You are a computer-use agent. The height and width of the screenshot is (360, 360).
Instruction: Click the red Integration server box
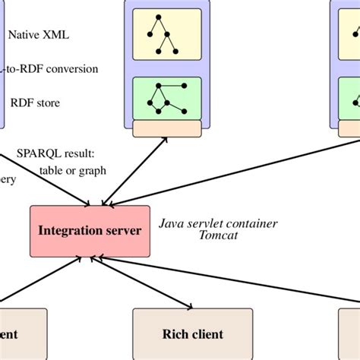tap(90, 230)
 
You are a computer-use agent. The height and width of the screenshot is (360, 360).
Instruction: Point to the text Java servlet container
tap(218, 223)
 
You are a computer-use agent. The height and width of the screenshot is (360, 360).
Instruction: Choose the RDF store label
tap(34, 103)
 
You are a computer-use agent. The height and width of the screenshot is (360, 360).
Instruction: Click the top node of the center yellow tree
tap(160, 16)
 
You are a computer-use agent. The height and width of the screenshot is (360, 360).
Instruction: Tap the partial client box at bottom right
tap(349, 333)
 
